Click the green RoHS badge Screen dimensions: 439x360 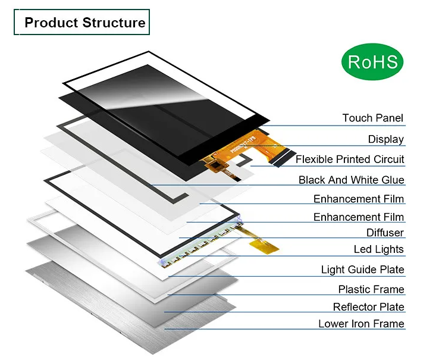(372, 62)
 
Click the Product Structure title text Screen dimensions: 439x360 (85, 23)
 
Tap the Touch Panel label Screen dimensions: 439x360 (373, 118)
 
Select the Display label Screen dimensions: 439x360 (386, 139)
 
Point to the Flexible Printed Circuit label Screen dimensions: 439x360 (350, 159)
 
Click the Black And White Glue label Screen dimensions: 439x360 (352, 180)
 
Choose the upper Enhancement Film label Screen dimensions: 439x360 (359, 199)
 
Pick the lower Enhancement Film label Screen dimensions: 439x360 (359, 217)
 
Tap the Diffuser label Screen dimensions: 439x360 (385, 233)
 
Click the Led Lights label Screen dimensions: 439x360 (378, 249)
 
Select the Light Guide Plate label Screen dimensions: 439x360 (363, 270)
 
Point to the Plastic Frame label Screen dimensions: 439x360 (371, 289)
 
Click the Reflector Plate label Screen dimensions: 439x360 (369, 307)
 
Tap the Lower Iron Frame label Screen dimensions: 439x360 (362, 324)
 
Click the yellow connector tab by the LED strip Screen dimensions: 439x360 (264, 246)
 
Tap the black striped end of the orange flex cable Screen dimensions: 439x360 (282, 158)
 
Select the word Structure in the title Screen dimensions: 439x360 (114, 23)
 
